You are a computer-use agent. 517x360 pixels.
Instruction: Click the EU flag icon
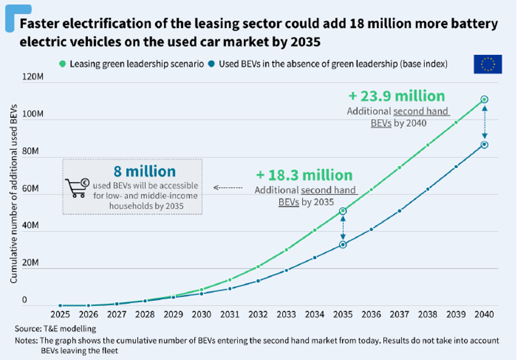(x=487, y=64)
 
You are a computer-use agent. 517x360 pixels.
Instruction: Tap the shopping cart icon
(x=77, y=186)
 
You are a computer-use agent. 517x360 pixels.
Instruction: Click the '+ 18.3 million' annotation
(x=304, y=175)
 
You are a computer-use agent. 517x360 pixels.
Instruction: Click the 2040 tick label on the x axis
(x=484, y=315)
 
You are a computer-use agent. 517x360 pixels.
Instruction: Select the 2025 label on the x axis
(x=60, y=315)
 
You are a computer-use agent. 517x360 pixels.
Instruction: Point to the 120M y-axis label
(x=33, y=77)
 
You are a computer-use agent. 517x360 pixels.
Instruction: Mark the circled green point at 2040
(x=484, y=100)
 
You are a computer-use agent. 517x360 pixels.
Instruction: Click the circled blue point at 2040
(x=484, y=145)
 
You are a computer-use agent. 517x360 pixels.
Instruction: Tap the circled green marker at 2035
(x=343, y=211)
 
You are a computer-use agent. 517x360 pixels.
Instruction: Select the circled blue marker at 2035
(x=343, y=244)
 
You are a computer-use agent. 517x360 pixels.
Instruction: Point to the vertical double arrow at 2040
(x=484, y=122)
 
